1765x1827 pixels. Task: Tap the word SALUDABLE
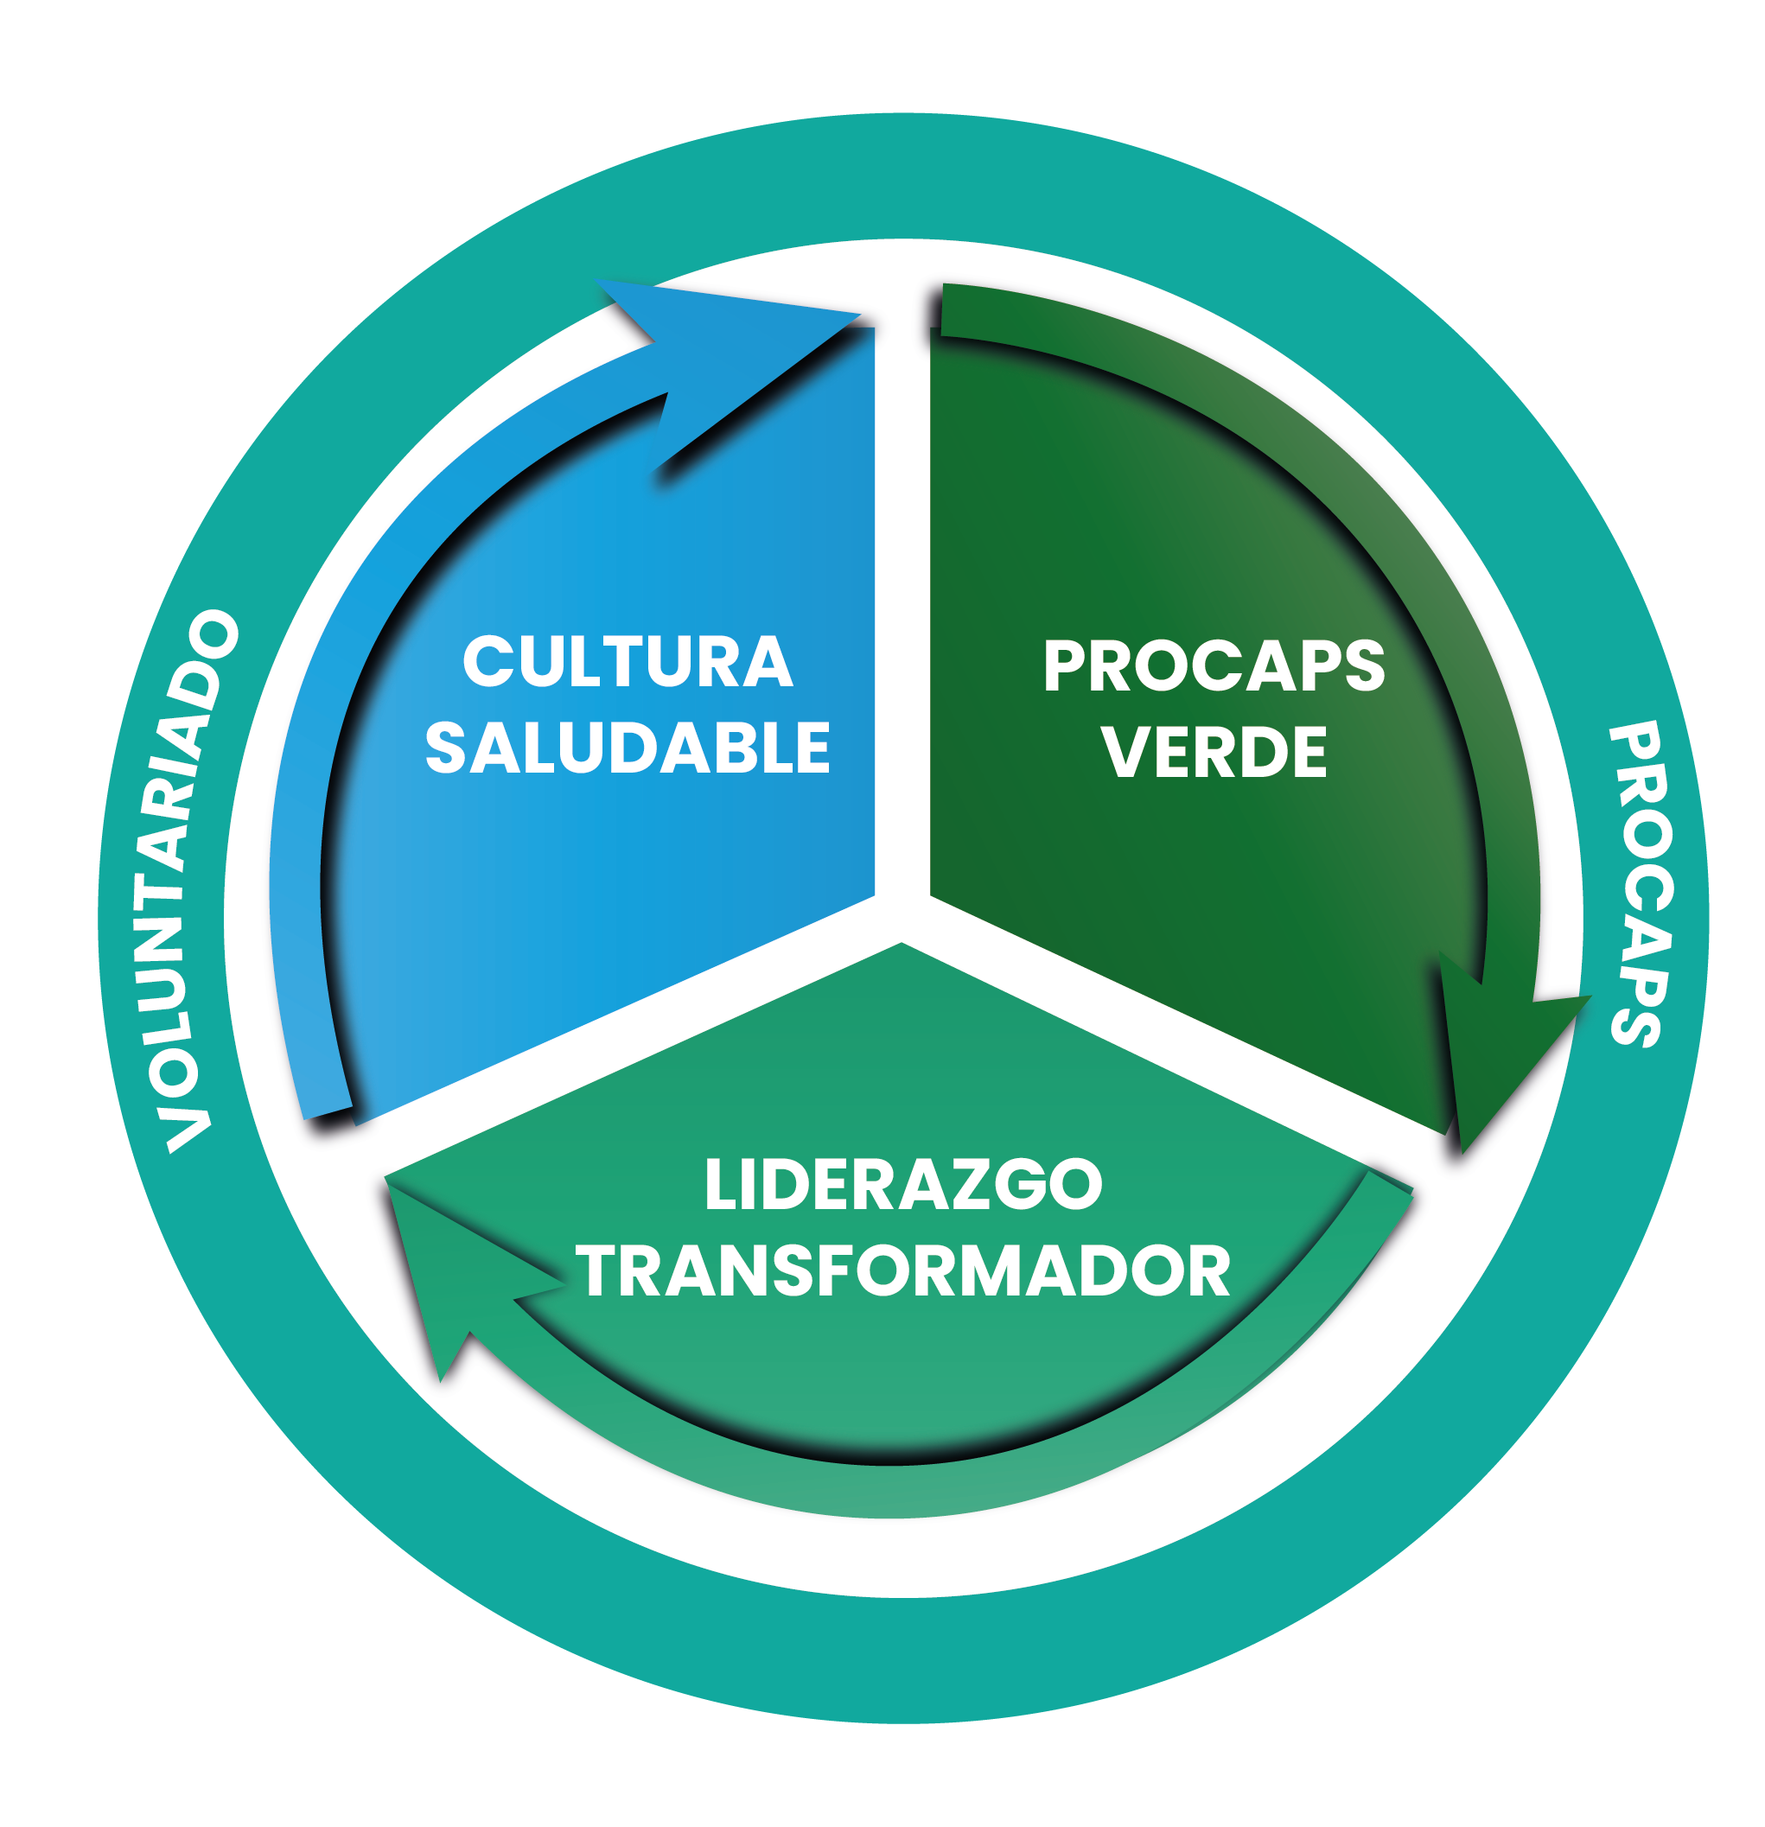pos(628,748)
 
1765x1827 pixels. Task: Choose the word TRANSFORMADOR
pos(902,1271)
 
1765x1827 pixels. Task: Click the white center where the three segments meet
pos(902,918)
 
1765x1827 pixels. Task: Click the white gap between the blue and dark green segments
pos(902,606)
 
